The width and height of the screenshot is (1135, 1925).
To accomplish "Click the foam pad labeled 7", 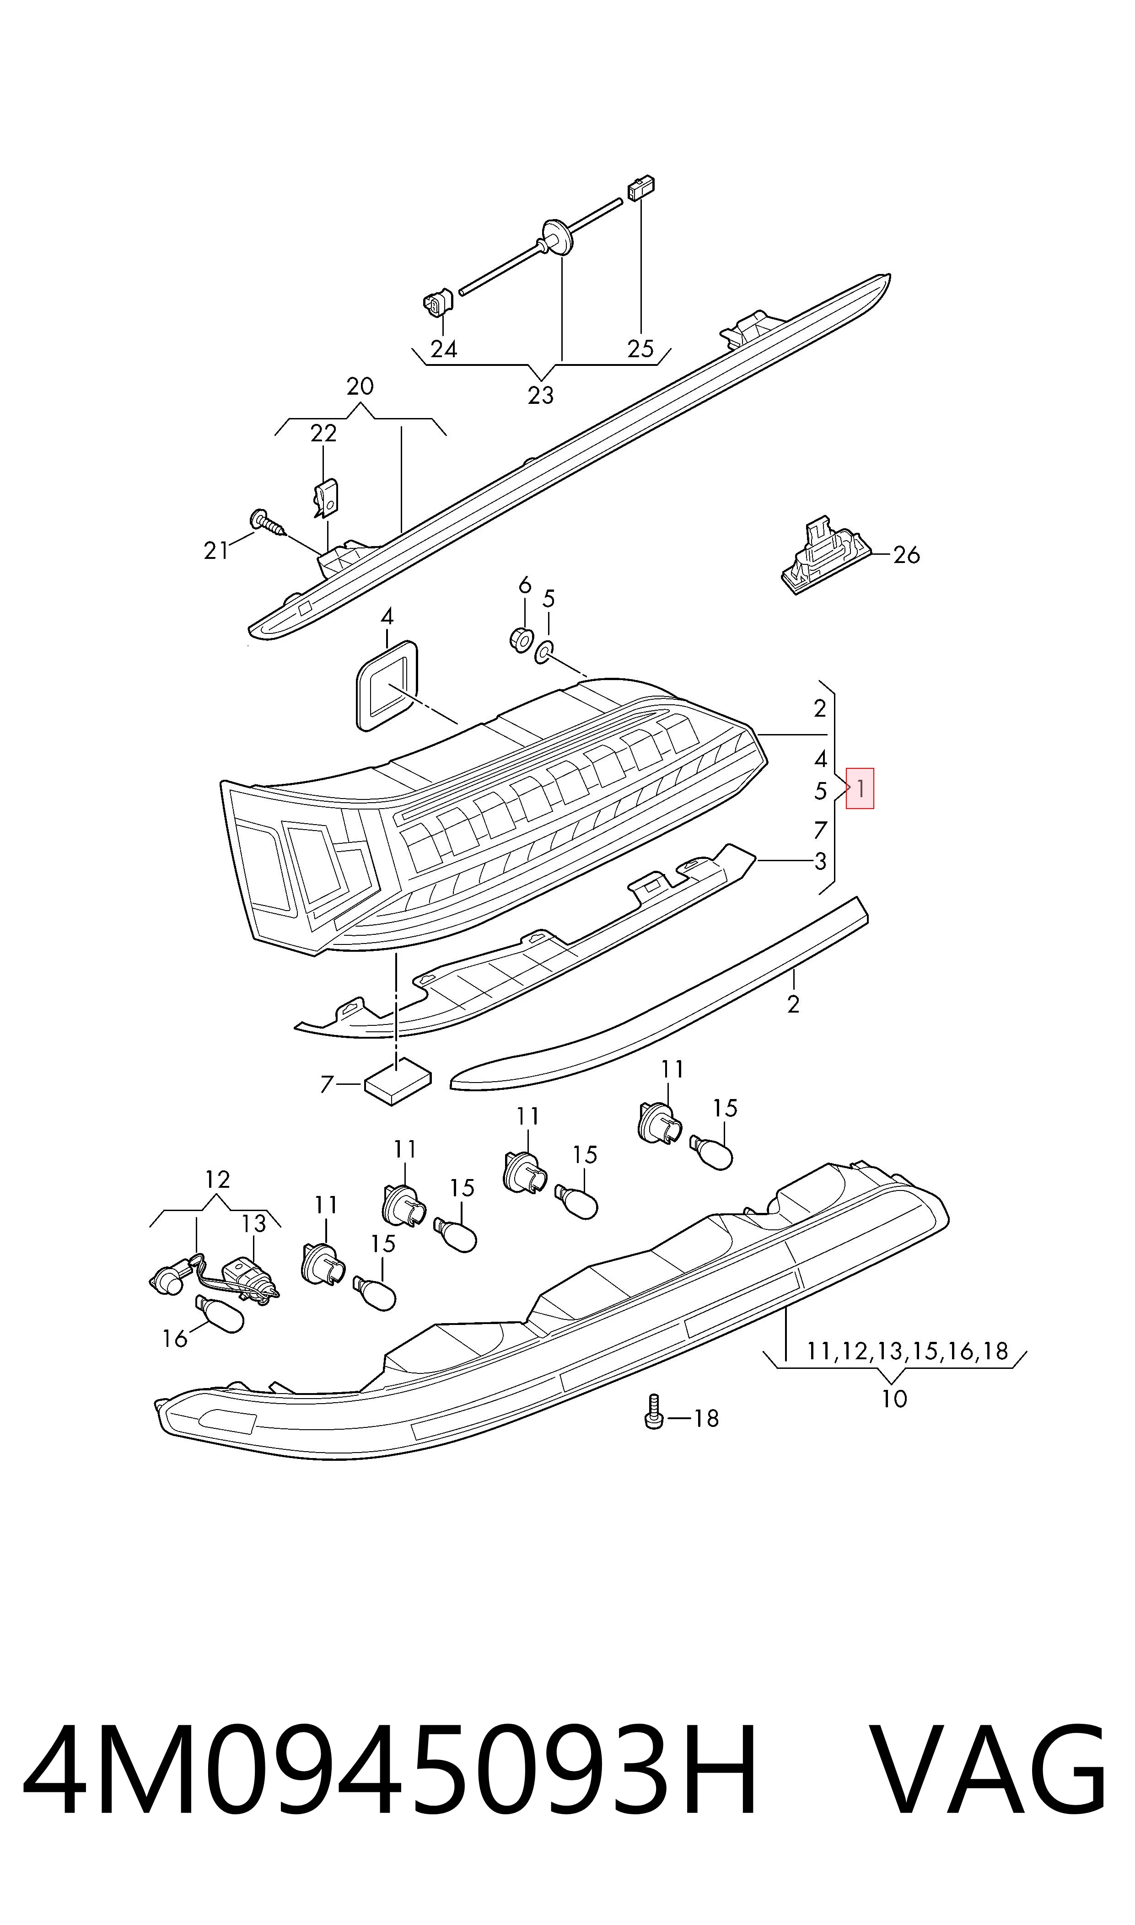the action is [398, 1079].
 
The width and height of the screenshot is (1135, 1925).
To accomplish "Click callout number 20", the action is [360, 386].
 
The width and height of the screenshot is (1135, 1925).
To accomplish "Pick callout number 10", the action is [894, 1399].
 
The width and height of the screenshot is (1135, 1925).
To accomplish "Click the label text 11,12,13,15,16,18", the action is [908, 1351].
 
